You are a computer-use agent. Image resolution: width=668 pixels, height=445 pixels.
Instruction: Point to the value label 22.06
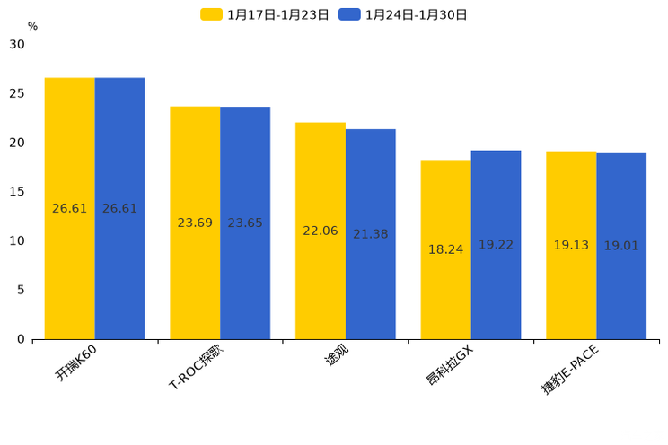[x=321, y=231]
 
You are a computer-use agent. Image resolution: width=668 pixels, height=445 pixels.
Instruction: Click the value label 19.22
[x=496, y=245]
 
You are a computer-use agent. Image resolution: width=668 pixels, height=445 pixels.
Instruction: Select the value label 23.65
[x=245, y=223]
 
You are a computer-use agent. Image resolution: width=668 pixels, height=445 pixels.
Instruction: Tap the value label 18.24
[x=445, y=250]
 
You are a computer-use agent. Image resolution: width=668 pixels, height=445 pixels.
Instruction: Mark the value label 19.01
[x=621, y=246]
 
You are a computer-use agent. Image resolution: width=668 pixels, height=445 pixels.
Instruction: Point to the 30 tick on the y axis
[x=17, y=44]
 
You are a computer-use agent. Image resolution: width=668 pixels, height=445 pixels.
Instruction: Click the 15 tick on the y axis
[x=17, y=192]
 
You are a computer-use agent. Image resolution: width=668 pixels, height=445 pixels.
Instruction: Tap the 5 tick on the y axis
[x=21, y=290]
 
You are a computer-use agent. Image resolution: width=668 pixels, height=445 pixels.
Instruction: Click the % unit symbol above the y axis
[x=32, y=27]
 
